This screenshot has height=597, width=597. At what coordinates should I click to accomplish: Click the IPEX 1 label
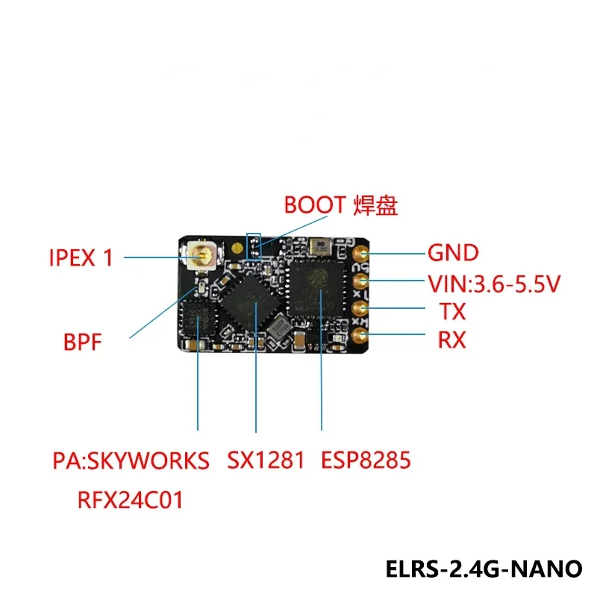click(81, 258)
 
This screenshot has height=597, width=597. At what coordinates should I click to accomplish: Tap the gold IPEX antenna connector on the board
click(201, 257)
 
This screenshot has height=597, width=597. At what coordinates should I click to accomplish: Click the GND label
click(453, 253)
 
